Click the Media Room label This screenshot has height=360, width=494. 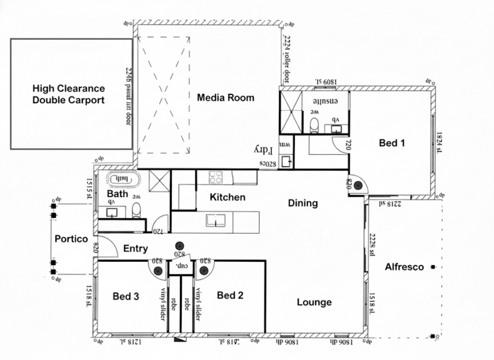click(226, 98)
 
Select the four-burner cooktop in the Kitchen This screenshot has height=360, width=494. click(215, 177)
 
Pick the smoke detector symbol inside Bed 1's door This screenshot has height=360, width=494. click(359, 185)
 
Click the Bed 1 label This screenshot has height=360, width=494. click(392, 143)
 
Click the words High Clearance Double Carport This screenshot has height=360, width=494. click(69, 94)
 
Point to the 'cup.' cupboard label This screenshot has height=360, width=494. click(179, 266)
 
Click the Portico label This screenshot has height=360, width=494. click(71, 239)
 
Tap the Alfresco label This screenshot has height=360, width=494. click(404, 267)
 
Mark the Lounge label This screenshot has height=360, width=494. click(314, 302)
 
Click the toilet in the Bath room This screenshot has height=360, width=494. click(136, 209)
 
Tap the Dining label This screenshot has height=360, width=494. click(302, 203)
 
